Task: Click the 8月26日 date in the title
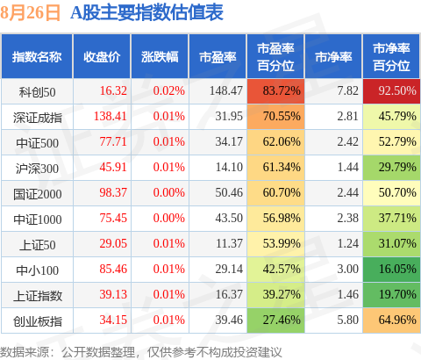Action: coord(30,13)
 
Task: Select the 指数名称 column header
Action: coord(37,57)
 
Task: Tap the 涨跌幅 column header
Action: coord(160,57)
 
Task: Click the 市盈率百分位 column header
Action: coord(275,57)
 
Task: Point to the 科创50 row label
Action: coord(37,92)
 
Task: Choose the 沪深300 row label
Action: coord(37,169)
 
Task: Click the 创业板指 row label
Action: coord(38,321)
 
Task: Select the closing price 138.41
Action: coord(111,116)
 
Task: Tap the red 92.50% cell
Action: coord(391,91)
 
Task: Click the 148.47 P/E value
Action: coord(226,90)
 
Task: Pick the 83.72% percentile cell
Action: coord(275,91)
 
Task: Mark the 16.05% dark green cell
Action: coord(391,270)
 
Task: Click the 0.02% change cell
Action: coord(169,90)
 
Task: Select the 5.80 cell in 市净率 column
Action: coord(347,320)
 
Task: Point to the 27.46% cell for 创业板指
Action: coord(275,320)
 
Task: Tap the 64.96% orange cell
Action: coord(391,320)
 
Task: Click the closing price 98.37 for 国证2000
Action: coord(113,192)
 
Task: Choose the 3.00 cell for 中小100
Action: coord(347,269)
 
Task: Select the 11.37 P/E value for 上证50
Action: coord(229,243)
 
